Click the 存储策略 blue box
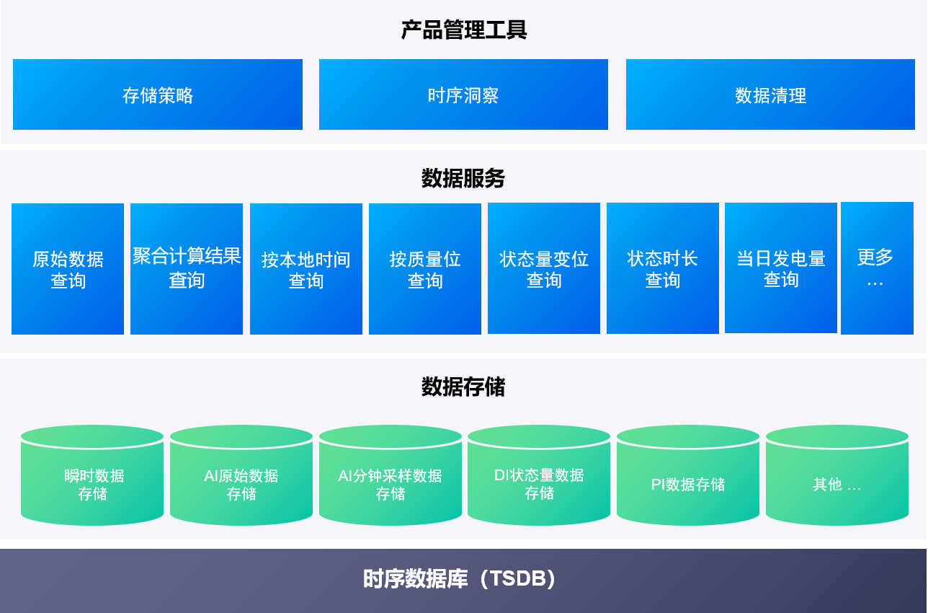tap(158, 94)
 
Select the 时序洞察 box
tap(463, 94)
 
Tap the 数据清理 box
tap(770, 94)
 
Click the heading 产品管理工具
tap(464, 30)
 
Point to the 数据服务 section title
tap(463, 178)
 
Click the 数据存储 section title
tap(463, 387)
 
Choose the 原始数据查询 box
tap(68, 269)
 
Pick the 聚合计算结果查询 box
tap(187, 269)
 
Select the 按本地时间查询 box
tap(306, 269)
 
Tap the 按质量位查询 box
tap(425, 269)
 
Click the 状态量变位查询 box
tap(544, 268)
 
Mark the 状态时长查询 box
tap(663, 268)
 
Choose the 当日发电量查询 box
tap(781, 268)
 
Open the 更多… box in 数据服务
tap(876, 268)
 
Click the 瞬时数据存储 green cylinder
tap(92, 480)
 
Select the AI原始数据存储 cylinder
tap(241, 480)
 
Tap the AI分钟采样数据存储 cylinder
tap(391, 480)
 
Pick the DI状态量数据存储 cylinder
tap(539, 480)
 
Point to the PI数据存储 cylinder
tap(688, 480)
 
